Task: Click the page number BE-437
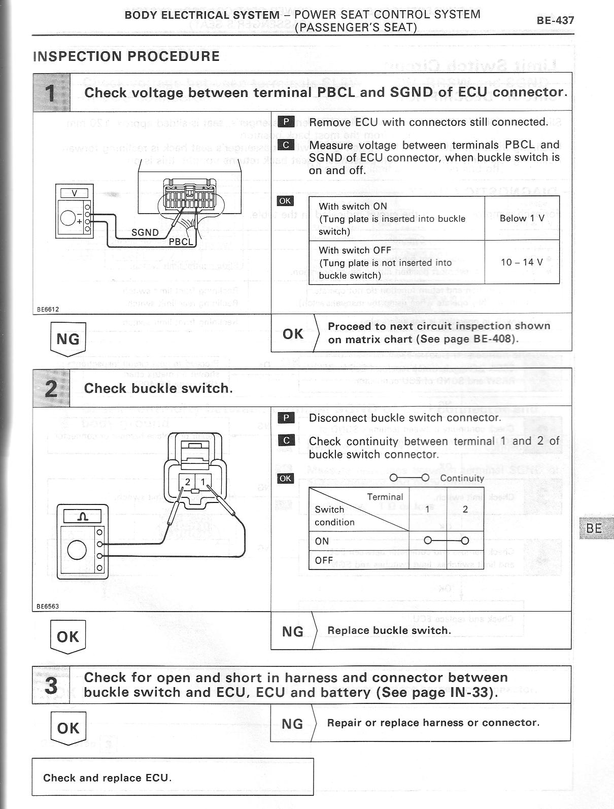point(555,21)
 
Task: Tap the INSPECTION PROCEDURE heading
point(126,56)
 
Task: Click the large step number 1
point(51,92)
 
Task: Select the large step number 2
point(51,388)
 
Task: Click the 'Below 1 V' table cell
point(522,218)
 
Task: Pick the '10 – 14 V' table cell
point(522,262)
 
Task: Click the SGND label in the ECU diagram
point(145,232)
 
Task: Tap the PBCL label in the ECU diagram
point(181,242)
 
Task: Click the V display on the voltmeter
point(75,193)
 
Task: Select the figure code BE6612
point(48,309)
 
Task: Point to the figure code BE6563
point(48,606)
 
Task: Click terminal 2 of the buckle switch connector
point(187,482)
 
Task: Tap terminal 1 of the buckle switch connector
point(203,482)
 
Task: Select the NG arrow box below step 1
point(68,338)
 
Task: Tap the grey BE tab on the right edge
point(594,528)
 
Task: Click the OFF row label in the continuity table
point(324,560)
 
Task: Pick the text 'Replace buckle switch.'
point(389,630)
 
